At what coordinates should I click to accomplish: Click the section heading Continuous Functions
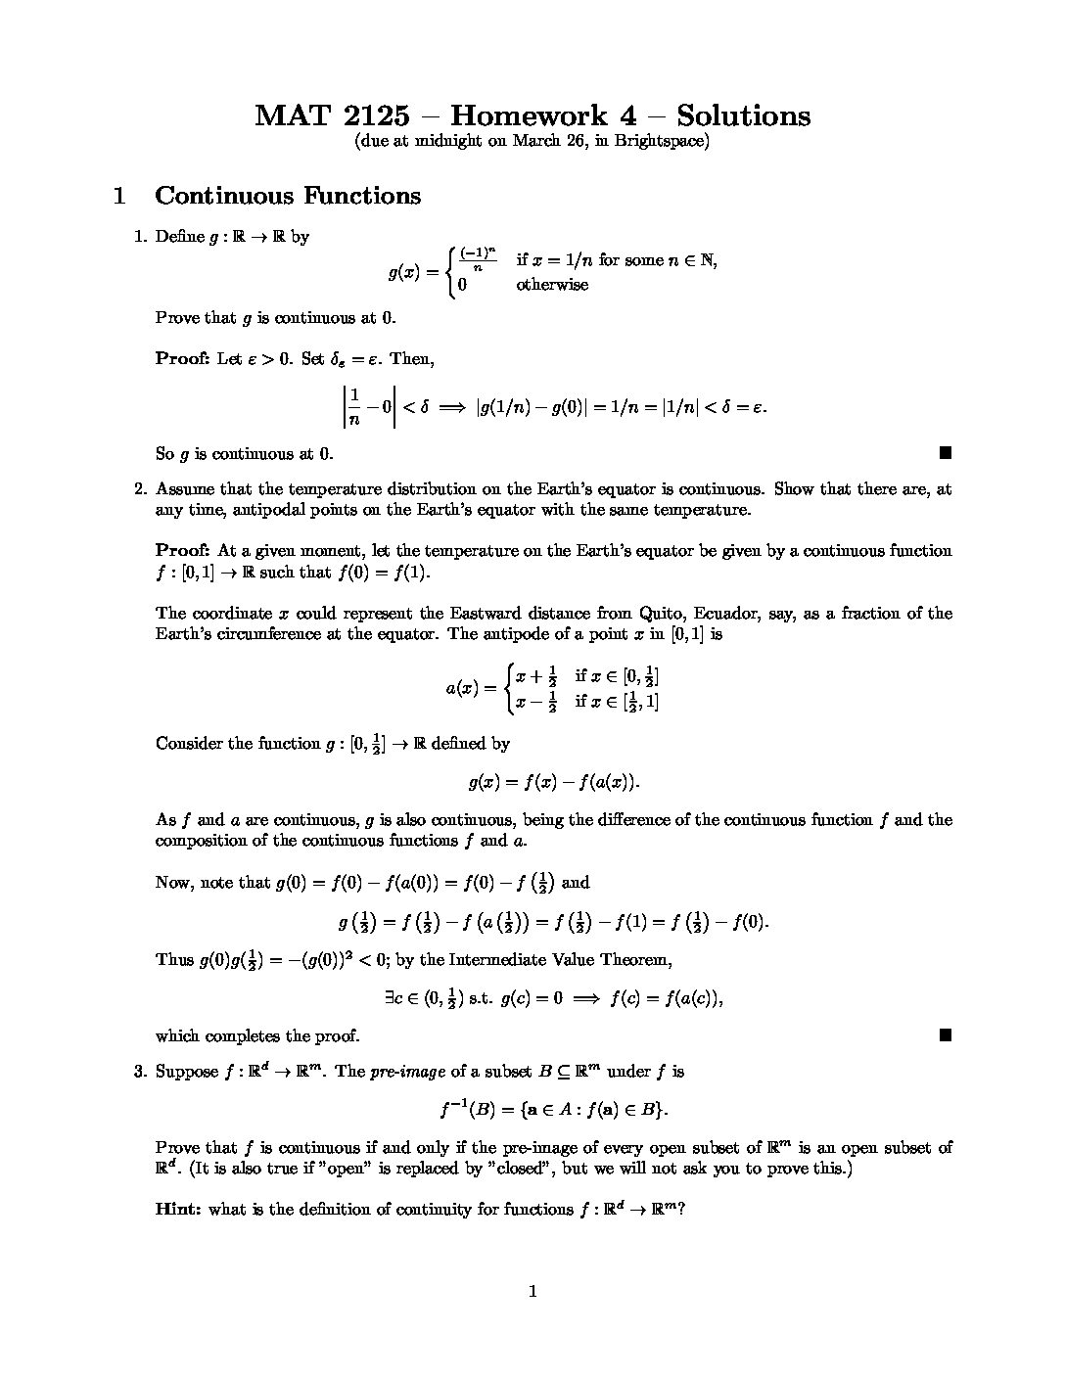288,196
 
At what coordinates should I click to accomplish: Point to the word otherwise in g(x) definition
552,285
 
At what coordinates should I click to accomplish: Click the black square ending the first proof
945,452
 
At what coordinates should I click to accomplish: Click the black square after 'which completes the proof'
945,1034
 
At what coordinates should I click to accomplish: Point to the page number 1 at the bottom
532,1292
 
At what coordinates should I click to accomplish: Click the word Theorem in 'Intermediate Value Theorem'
636,960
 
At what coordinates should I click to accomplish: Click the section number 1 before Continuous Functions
119,196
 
